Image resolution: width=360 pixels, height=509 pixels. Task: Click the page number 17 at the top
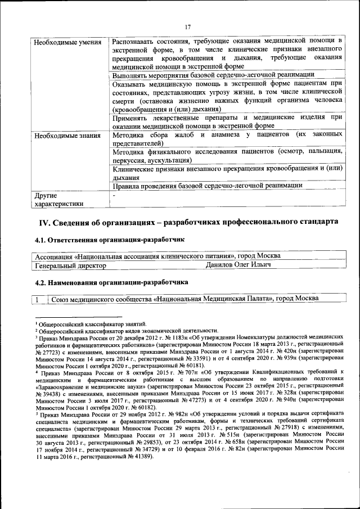point(188,26)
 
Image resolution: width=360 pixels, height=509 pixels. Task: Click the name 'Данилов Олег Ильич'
point(238,264)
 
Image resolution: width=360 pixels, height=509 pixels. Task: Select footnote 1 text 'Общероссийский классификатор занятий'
point(92,323)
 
